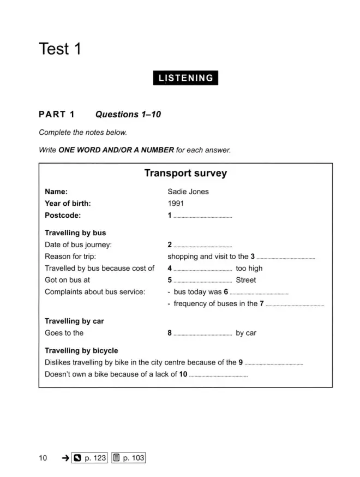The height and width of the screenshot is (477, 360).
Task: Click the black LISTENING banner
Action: [185, 78]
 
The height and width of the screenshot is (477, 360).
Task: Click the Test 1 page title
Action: [60, 49]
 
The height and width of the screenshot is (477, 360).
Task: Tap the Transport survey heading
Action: [185, 174]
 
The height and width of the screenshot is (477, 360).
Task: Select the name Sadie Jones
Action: [188, 192]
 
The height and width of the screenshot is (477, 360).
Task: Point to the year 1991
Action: [176, 203]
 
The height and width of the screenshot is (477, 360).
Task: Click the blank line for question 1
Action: [202, 217]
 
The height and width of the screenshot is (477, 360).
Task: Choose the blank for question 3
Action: [286, 258]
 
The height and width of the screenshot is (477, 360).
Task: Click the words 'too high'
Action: [249, 268]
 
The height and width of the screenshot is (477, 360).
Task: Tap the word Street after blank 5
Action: [245, 280]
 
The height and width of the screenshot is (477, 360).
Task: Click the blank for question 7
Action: [295, 305]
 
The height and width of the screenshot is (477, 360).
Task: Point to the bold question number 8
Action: [170, 333]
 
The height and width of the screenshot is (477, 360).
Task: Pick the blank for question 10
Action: [218, 375]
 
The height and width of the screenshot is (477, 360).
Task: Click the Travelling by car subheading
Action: [74, 321]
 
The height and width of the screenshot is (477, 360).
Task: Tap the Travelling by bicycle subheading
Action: [81, 350]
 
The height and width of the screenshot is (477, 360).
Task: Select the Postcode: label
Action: [63, 215]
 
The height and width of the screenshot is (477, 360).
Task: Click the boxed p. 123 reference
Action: [89, 458]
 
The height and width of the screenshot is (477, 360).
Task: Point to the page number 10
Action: [43, 458]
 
